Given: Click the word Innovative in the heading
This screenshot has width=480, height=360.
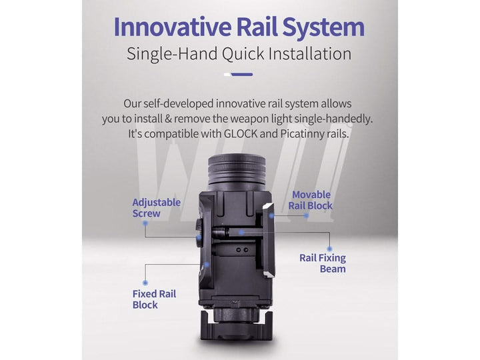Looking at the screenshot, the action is coord(173,27).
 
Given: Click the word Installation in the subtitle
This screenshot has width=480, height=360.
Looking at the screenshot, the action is coord(310,53).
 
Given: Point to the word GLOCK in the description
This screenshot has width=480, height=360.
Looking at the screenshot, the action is coord(240,134).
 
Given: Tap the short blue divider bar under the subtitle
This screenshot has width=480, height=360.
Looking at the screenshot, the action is coord(241,75).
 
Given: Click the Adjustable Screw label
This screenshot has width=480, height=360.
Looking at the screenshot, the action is coord(156,208).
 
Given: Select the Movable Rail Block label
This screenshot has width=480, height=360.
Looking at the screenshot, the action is coord(310,200).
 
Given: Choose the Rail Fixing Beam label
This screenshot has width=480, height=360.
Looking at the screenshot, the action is coord(323,263).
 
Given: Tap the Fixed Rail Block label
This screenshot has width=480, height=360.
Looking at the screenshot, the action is coord(154,299).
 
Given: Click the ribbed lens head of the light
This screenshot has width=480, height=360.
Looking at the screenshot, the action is coord(237,169).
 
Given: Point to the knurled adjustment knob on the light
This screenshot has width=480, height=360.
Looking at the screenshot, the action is coord(199,233).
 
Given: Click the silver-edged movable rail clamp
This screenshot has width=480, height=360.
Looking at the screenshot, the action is coord(269,241).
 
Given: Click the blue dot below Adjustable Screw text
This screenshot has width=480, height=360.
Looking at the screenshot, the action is coord(145,223).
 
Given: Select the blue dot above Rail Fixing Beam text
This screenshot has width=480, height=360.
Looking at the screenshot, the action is coord(329,249).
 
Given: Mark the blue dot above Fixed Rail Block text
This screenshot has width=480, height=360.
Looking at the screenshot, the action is coord(145,283).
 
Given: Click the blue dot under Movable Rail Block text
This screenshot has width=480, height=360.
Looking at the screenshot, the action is coord(306,215).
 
